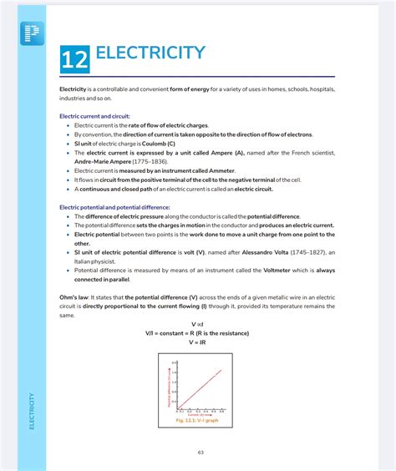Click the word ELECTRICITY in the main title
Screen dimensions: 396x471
coord(150,53)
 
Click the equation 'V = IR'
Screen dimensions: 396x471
coord(197,342)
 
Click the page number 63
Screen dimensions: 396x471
coord(201,453)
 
